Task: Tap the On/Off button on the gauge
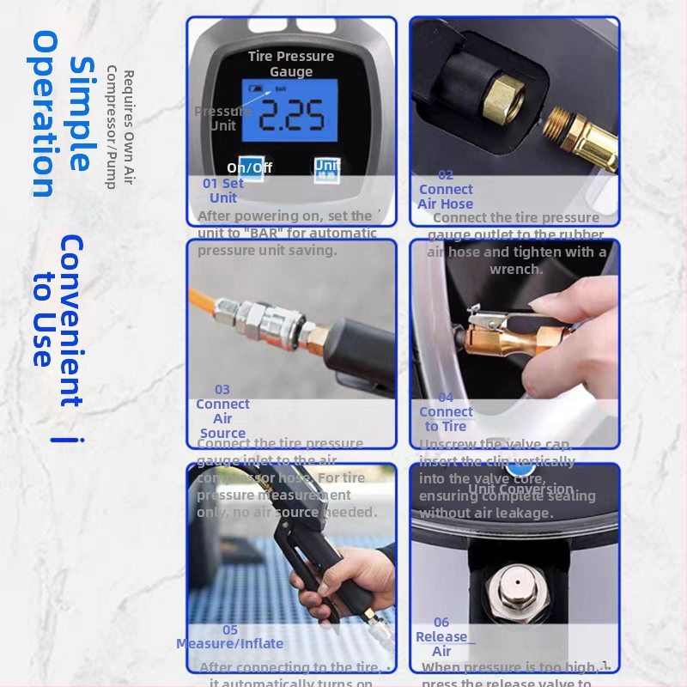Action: click(250, 168)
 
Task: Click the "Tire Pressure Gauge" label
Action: click(291, 64)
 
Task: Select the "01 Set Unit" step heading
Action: click(222, 191)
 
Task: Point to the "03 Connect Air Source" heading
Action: click(222, 411)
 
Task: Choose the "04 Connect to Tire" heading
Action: click(446, 412)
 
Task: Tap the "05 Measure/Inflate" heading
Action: click(229, 636)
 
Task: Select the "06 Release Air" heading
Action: click(441, 636)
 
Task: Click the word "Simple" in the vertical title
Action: click(82, 113)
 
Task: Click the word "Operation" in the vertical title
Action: click(45, 113)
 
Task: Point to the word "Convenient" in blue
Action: click(71, 320)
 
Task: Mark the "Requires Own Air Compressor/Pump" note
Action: click(119, 129)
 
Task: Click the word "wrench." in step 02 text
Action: click(516, 269)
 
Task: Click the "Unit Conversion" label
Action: click(520, 489)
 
